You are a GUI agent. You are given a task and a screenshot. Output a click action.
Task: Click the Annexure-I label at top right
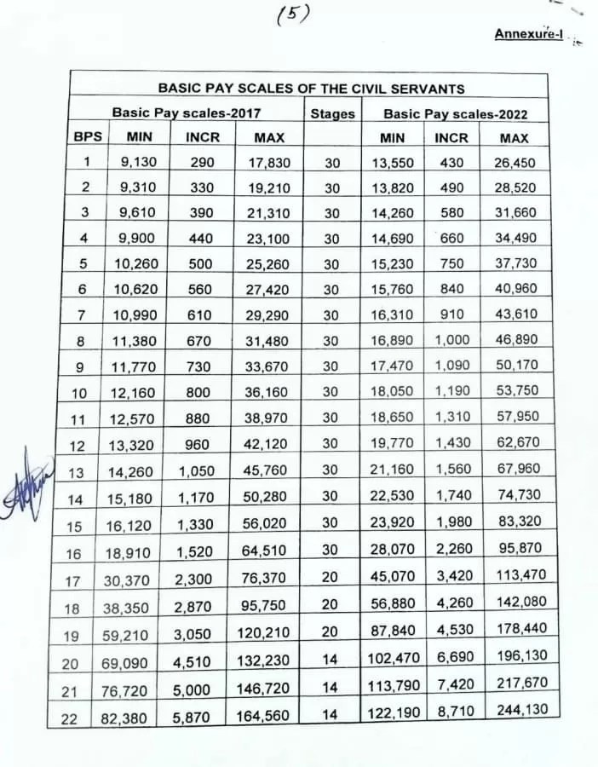[528, 35]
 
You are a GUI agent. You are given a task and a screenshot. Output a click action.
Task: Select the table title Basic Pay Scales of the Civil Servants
[311, 88]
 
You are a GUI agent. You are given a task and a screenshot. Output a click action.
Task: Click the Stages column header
[332, 112]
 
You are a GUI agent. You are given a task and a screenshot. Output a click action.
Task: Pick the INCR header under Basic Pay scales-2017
[201, 136]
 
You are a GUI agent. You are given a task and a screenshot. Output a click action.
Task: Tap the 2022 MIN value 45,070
[393, 576]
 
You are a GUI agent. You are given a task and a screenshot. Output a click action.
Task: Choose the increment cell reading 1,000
[451, 341]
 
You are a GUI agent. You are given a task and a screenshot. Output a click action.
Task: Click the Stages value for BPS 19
[331, 631]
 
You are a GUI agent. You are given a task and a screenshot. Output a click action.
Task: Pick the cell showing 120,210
[265, 633]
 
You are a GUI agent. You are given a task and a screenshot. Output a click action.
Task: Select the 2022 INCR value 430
[451, 162]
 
